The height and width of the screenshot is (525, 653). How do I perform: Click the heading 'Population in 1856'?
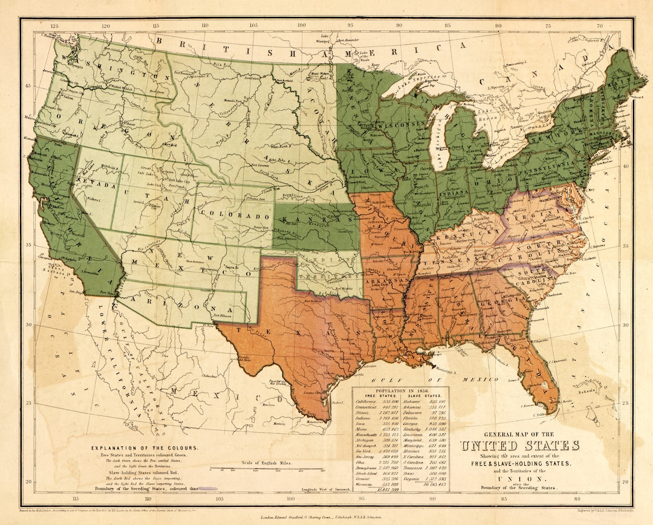point(400,391)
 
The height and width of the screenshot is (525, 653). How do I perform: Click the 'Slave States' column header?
point(424,396)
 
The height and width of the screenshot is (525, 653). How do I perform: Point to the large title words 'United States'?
point(519,446)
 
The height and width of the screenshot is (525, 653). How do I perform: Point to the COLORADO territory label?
point(234,215)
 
